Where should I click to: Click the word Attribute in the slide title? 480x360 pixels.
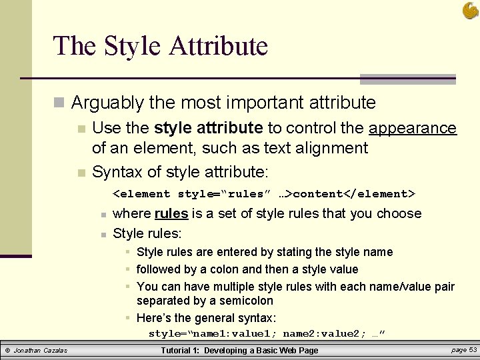click(x=219, y=46)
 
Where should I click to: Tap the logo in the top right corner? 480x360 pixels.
click(x=470, y=10)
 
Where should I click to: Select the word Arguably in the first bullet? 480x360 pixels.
click(x=107, y=103)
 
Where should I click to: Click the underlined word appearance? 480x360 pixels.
click(x=413, y=128)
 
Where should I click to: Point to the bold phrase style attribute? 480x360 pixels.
click(x=208, y=128)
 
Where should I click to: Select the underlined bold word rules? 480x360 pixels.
click(x=171, y=213)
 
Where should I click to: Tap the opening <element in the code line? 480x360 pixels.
click(x=142, y=194)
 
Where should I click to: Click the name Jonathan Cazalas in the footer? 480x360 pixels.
click(x=41, y=351)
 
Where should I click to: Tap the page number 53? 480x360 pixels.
click(x=473, y=350)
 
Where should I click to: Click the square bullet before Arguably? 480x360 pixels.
click(x=59, y=103)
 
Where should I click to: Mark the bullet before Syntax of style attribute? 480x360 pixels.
click(x=81, y=173)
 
